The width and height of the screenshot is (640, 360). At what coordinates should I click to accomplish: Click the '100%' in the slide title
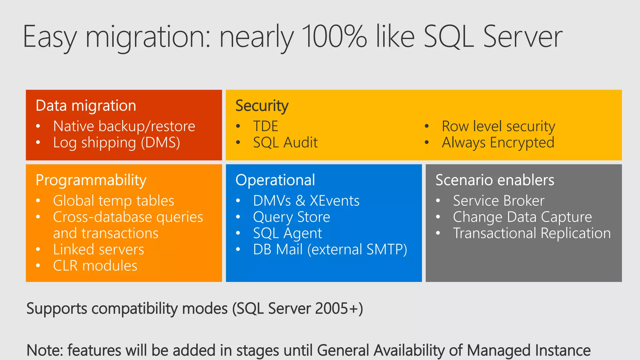[334, 37]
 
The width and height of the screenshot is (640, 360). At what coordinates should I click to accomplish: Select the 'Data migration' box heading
[86, 106]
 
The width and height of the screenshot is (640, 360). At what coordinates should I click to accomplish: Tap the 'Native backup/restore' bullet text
[124, 126]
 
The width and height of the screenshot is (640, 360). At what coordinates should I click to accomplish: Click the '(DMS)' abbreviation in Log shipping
[160, 143]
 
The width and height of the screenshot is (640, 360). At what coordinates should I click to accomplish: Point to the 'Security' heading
[262, 106]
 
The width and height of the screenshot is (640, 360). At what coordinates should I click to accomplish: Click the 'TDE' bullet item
[266, 126]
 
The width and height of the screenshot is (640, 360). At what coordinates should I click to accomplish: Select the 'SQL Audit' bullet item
[285, 142]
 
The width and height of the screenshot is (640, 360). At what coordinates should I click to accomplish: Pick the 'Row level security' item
[498, 126]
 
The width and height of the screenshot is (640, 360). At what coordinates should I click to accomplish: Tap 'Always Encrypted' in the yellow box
[498, 142]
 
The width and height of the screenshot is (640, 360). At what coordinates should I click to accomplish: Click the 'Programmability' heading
[91, 180]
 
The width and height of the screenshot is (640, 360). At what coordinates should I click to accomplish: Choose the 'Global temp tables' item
[113, 201]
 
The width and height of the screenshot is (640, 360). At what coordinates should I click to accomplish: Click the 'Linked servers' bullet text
[98, 249]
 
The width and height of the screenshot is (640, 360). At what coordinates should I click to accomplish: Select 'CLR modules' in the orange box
[95, 266]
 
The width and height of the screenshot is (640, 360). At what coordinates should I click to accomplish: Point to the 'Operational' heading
[275, 180]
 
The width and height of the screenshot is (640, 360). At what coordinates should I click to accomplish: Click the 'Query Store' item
[292, 217]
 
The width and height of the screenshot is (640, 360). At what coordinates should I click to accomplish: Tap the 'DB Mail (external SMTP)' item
[330, 249]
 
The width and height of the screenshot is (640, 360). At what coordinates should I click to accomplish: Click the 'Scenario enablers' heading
[495, 180]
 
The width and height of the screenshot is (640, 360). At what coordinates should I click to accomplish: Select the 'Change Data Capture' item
[522, 217]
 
